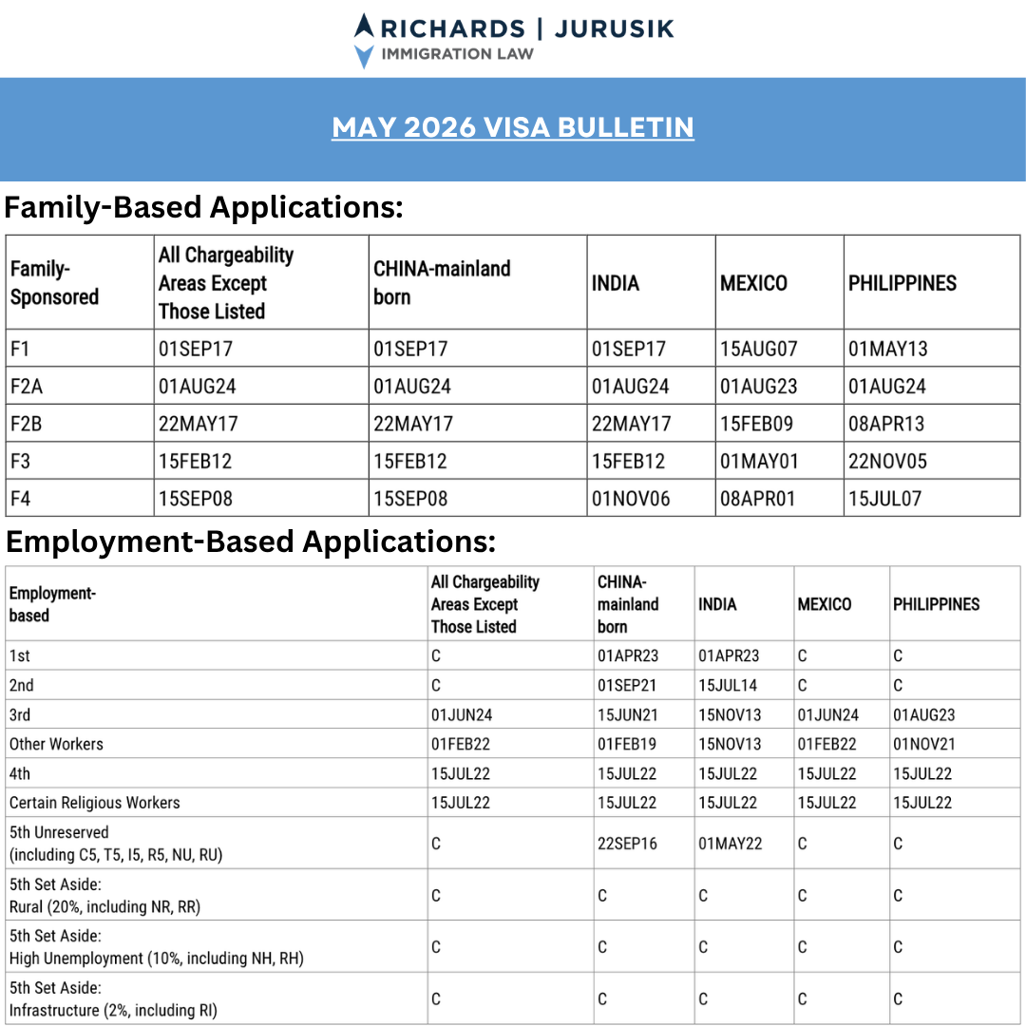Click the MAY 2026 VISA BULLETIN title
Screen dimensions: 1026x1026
pos(513,127)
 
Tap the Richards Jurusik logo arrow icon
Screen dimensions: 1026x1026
pos(364,40)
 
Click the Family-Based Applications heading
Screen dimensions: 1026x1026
pos(204,207)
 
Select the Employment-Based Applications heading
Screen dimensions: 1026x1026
pos(251,541)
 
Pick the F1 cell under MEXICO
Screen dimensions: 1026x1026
pos(758,349)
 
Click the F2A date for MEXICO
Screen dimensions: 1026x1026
pos(758,387)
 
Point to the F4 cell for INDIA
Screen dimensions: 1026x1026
pos(631,499)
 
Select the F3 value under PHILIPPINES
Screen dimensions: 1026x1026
pos(887,462)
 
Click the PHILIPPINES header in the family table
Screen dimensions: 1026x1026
pos(902,283)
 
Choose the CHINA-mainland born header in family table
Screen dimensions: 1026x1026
pos(442,282)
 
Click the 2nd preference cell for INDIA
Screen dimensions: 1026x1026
pos(728,685)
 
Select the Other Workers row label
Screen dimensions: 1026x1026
pos(56,744)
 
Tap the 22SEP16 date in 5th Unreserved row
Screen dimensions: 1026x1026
pos(627,844)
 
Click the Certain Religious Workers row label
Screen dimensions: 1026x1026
pos(94,803)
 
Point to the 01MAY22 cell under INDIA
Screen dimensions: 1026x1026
pos(730,844)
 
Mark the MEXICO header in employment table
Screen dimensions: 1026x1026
pos(824,604)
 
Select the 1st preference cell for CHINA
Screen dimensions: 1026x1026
pos(627,655)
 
